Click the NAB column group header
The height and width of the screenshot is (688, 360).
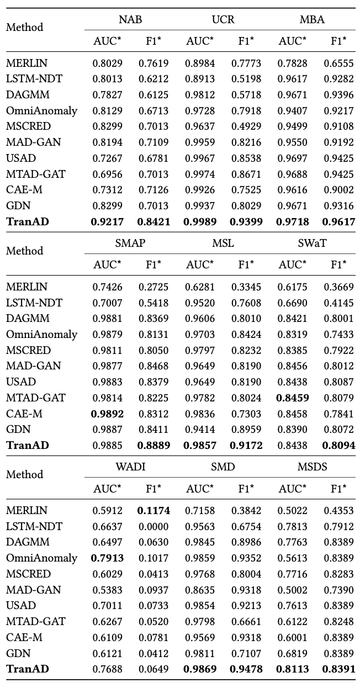[x=130, y=20]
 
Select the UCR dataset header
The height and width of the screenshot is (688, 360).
[x=223, y=20]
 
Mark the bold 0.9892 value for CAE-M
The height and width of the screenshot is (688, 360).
[x=108, y=414]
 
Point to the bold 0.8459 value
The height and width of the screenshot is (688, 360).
[x=293, y=398]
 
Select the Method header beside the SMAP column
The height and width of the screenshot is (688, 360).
[x=24, y=251]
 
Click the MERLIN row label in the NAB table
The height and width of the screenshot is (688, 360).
[x=27, y=63]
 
